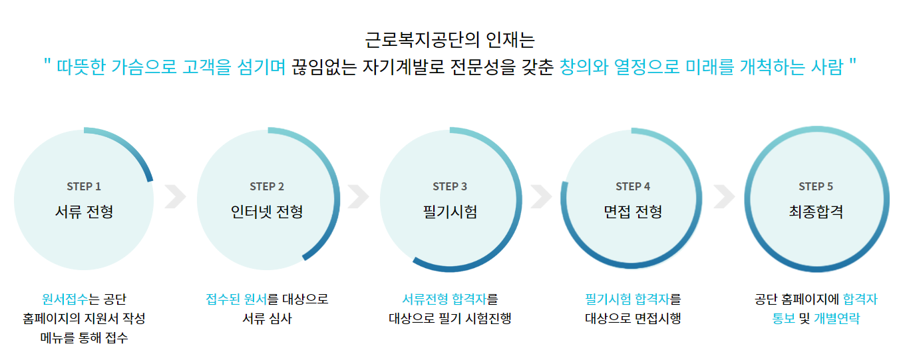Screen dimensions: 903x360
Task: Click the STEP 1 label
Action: tap(84, 186)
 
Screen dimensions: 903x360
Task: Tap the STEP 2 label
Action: tap(267, 186)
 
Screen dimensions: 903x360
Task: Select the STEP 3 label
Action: tap(450, 186)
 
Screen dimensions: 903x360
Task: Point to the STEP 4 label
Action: tap(633, 186)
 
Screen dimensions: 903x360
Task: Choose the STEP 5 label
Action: tap(816, 186)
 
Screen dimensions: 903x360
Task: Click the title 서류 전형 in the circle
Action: tap(84, 212)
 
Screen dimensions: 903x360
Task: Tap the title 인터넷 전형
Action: tap(267, 212)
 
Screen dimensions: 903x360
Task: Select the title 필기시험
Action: tap(450, 212)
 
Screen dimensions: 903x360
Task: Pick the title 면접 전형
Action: tap(633, 212)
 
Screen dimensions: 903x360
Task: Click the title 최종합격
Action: tap(816, 212)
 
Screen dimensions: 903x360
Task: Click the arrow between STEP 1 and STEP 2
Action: tap(176, 196)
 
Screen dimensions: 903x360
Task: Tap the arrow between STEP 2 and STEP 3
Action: tap(358, 196)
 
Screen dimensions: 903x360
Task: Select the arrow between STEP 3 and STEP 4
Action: tap(542, 196)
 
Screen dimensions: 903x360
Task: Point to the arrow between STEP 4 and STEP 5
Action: tap(725, 196)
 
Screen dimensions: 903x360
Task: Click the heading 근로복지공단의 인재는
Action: tap(450, 39)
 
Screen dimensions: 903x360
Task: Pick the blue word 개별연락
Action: tap(836, 319)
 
